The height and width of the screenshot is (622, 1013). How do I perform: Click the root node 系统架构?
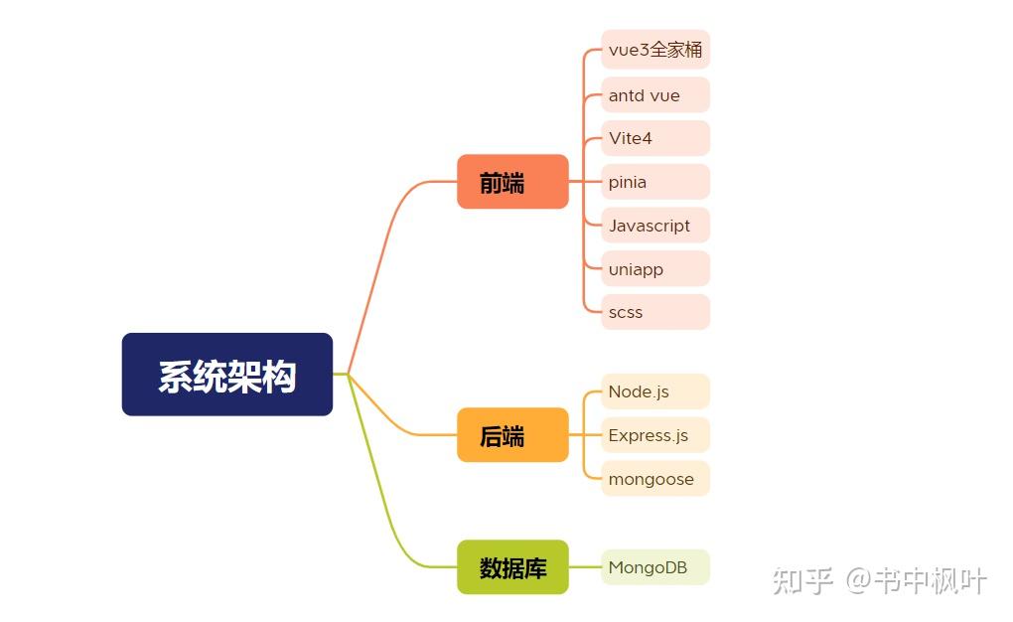click(x=226, y=375)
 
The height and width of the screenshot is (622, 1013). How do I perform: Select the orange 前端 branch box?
click(x=512, y=182)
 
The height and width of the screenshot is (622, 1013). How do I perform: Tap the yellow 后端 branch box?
click(x=512, y=435)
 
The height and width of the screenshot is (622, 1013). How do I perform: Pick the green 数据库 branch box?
click(x=512, y=567)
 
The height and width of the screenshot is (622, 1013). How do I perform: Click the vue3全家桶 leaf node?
click(x=655, y=50)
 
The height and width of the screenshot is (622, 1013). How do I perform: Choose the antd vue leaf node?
click(x=655, y=95)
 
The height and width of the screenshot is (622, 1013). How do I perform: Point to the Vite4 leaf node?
click(x=655, y=138)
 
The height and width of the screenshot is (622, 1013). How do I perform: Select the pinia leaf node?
click(x=655, y=182)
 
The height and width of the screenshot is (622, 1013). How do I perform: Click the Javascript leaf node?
click(x=655, y=226)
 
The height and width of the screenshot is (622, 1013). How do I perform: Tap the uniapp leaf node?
click(x=655, y=269)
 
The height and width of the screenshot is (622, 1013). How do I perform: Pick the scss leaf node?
click(x=655, y=312)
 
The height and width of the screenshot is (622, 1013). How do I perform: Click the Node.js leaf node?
click(x=655, y=391)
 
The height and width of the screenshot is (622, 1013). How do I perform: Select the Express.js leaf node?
click(x=655, y=435)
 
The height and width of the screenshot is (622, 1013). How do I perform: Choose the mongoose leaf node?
click(x=655, y=479)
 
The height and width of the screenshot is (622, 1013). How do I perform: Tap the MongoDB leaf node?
click(x=655, y=567)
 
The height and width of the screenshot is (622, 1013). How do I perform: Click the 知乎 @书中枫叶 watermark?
click(x=880, y=580)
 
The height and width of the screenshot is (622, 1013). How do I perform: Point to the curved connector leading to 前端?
click(x=382, y=248)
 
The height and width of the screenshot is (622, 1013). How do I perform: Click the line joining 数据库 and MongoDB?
click(x=584, y=567)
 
